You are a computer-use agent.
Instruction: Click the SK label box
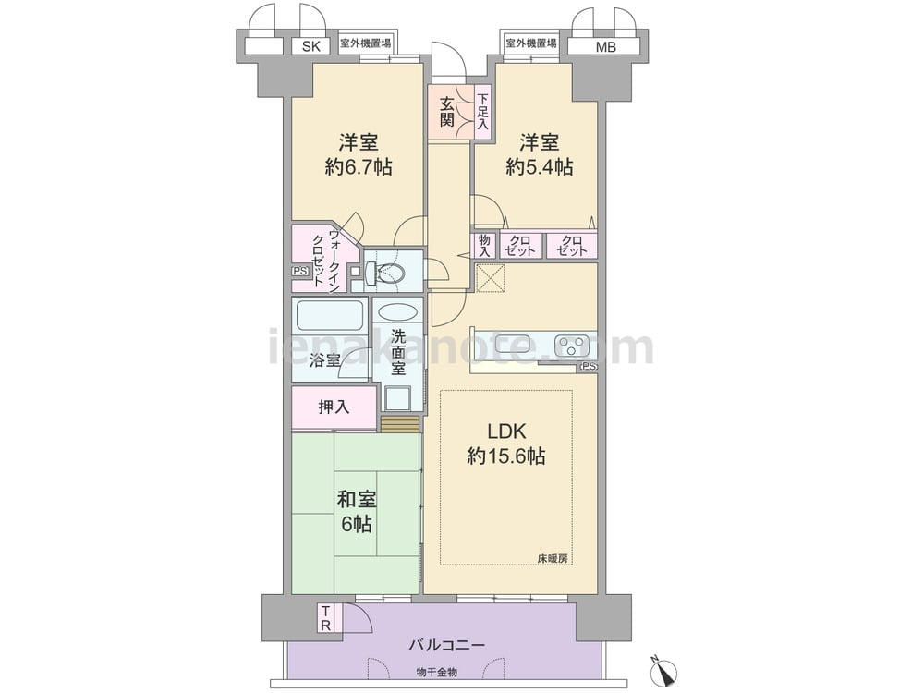(x=311, y=46)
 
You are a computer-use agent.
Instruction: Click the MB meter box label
(x=605, y=46)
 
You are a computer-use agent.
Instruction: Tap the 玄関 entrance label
(x=446, y=113)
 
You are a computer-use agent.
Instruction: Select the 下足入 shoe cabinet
(x=483, y=113)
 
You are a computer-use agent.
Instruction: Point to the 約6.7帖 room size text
(x=358, y=167)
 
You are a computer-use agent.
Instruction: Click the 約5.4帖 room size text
(x=539, y=167)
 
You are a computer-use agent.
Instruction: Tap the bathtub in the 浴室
(x=329, y=316)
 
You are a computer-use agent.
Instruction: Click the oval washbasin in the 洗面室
(x=396, y=311)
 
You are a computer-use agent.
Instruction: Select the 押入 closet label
(x=334, y=407)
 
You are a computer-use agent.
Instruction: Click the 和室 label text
(x=357, y=500)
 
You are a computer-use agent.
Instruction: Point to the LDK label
(x=506, y=432)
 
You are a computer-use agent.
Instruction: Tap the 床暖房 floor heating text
(x=553, y=557)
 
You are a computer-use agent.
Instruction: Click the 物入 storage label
(x=484, y=246)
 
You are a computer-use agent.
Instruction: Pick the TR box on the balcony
(x=325, y=618)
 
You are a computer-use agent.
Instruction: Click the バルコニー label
(x=447, y=645)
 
